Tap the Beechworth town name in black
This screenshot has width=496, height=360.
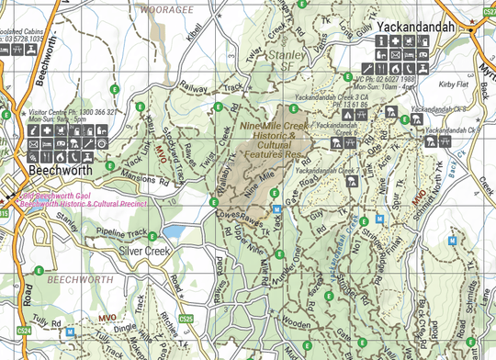click(60, 171)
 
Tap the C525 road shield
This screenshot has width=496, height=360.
click(186, 319)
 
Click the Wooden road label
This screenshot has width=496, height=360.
click(295, 324)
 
